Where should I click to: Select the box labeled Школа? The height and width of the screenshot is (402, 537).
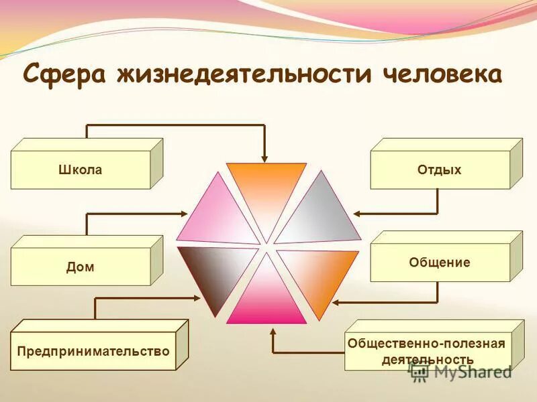pyautogui.click(x=81, y=170)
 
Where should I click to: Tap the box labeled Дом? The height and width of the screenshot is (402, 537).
pyautogui.click(x=81, y=267)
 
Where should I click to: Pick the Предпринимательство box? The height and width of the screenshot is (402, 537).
pyautogui.click(x=93, y=351)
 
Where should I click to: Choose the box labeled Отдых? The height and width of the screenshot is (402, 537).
pyautogui.click(x=440, y=170)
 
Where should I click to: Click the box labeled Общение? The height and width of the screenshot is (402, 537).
pyautogui.click(x=440, y=263)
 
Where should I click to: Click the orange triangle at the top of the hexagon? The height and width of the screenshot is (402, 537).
pyautogui.click(x=266, y=191)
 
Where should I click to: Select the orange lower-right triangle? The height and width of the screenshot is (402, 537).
pyautogui.click(x=315, y=275)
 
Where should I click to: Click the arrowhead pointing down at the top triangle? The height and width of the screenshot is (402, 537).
pyautogui.click(x=265, y=157)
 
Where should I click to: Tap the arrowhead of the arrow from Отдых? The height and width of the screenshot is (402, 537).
pyautogui.click(x=358, y=214)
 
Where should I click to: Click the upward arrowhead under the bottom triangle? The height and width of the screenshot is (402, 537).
pyautogui.click(x=273, y=330)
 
